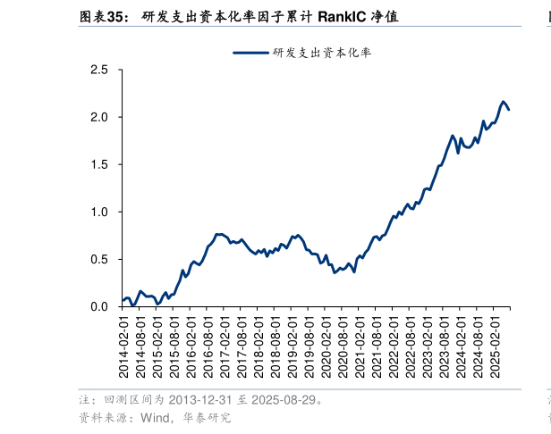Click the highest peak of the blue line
504,102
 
